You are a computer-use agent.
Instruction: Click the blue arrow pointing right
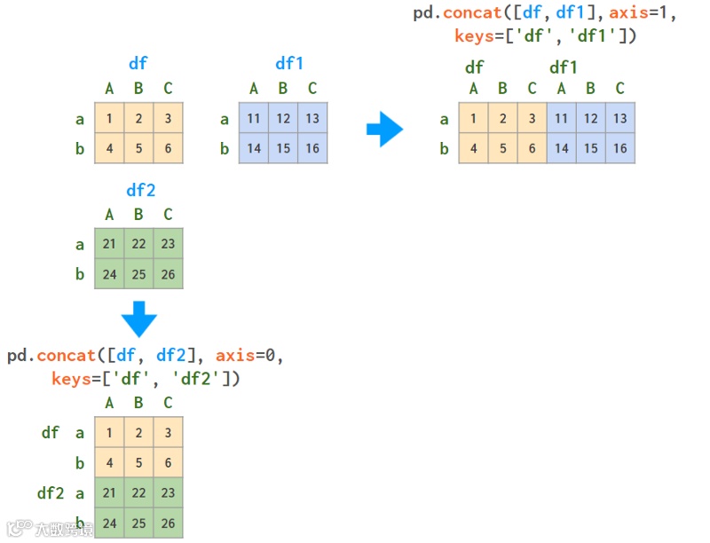coord(384,130)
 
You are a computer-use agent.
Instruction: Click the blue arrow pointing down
coord(138,319)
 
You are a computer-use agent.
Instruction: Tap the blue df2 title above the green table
coord(138,189)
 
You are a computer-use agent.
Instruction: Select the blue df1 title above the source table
coord(289,63)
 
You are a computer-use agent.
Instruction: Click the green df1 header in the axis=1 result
coord(564,67)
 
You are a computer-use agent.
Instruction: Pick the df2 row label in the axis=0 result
coord(51,493)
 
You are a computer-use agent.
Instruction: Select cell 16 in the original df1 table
coord(312,148)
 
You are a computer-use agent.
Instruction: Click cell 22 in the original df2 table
coord(138,245)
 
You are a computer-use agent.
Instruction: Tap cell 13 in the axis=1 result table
coord(620,118)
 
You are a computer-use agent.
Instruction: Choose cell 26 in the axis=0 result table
coord(168,523)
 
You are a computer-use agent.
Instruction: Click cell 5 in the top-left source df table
coord(138,148)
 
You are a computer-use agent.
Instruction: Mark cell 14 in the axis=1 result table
coord(562,148)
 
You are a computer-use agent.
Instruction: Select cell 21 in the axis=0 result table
coord(109,493)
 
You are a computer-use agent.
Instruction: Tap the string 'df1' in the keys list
coord(604,36)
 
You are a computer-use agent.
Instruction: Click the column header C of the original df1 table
coord(312,88)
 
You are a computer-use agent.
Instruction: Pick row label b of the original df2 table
coord(80,274)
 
